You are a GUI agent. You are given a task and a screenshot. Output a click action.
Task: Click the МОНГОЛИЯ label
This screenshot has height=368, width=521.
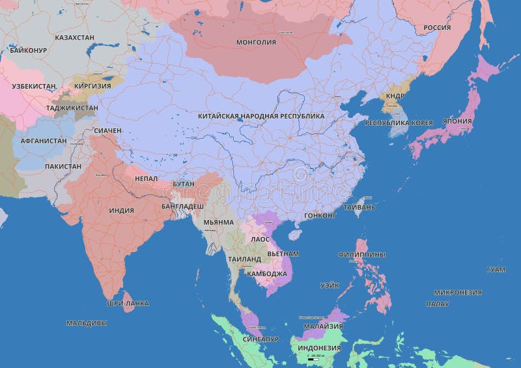(256, 42)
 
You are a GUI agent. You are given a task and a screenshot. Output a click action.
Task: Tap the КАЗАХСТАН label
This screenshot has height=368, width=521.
(74, 38)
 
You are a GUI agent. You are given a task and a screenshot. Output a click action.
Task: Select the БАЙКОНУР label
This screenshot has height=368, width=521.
(28, 50)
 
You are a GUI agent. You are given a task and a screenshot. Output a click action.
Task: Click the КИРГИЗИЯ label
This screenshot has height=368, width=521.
(92, 85)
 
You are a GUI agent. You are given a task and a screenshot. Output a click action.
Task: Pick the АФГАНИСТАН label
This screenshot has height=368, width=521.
(44, 140)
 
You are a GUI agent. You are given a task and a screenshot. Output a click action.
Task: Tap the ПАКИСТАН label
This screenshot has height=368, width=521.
(63, 166)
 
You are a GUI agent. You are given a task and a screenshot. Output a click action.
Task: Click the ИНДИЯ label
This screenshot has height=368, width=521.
(121, 210)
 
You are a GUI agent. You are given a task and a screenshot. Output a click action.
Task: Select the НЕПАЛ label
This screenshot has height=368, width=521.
(146, 178)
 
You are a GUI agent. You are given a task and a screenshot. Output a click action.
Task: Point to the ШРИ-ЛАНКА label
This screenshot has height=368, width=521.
(128, 304)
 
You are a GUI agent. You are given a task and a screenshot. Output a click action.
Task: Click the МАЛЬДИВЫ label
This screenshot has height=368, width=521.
(87, 322)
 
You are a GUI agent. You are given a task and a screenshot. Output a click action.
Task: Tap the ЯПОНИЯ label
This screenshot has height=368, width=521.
(457, 121)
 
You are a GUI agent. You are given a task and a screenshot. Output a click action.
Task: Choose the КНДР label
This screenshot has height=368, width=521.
(395, 96)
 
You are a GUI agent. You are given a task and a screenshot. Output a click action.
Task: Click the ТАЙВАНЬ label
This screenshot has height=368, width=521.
(359, 207)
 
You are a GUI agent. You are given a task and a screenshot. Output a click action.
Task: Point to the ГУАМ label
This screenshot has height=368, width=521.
(496, 269)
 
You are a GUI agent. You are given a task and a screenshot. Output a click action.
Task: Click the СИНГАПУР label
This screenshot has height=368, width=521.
(260, 339)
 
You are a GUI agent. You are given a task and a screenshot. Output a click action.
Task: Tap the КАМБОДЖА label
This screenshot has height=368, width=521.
(267, 274)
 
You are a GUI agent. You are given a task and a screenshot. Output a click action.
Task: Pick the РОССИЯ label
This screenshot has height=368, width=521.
(437, 27)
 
